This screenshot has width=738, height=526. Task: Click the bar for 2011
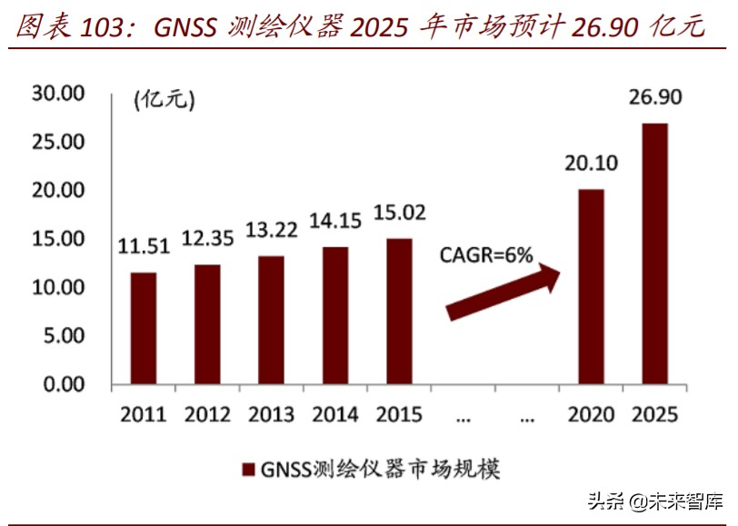[x=143, y=328]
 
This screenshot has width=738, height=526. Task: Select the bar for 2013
[x=270, y=320]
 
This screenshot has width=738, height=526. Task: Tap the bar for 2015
[x=398, y=312]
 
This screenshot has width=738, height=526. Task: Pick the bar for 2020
[x=591, y=286]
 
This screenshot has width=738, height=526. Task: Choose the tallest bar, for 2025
[x=654, y=253]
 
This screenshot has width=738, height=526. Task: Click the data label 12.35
[x=207, y=239]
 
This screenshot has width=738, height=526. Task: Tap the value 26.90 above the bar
[x=654, y=97]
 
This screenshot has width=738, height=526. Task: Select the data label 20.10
[x=591, y=164]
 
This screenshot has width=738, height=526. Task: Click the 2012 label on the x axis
[x=207, y=415]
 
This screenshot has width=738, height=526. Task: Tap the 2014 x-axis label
[x=334, y=415]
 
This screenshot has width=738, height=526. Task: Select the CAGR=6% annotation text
[x=487, y=255]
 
